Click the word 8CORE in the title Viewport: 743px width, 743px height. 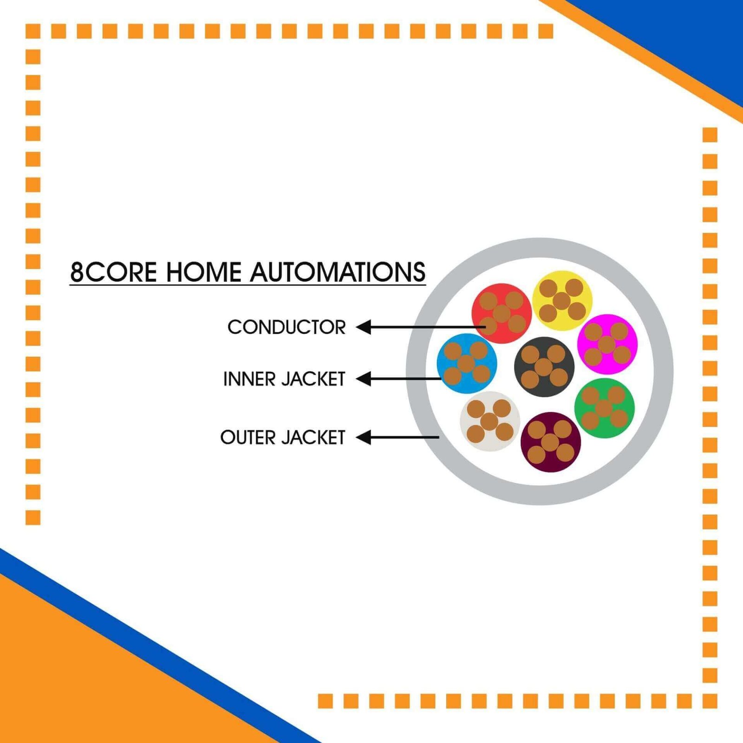coord(114,272)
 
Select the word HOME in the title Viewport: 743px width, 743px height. coord(204,272)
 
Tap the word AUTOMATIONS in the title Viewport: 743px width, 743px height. coord(338,272)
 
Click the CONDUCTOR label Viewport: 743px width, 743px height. coord(287,327)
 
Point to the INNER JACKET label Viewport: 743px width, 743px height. coord(284,379)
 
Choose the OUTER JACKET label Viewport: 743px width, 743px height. coord(283,437)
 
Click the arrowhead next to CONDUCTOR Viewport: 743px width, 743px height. coord(364,327)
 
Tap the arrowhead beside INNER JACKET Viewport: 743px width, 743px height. coord(364,378)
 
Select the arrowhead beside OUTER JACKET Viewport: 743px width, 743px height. coord(364,437)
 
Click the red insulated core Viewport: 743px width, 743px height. coord(502,313)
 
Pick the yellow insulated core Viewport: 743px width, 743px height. coord(562,300)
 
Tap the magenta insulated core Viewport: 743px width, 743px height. coord(607,344)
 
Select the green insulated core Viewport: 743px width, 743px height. coord(604,408)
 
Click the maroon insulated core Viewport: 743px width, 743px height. coord(550,442)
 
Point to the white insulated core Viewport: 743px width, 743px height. coord(489,421)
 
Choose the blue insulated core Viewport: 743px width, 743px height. coord(467,363)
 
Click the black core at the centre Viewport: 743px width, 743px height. coord(544,367)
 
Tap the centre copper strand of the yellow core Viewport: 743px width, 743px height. coord(562,300)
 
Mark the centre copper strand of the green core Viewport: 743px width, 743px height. coord(604,408)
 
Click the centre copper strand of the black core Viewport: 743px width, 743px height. coord(544,367)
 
